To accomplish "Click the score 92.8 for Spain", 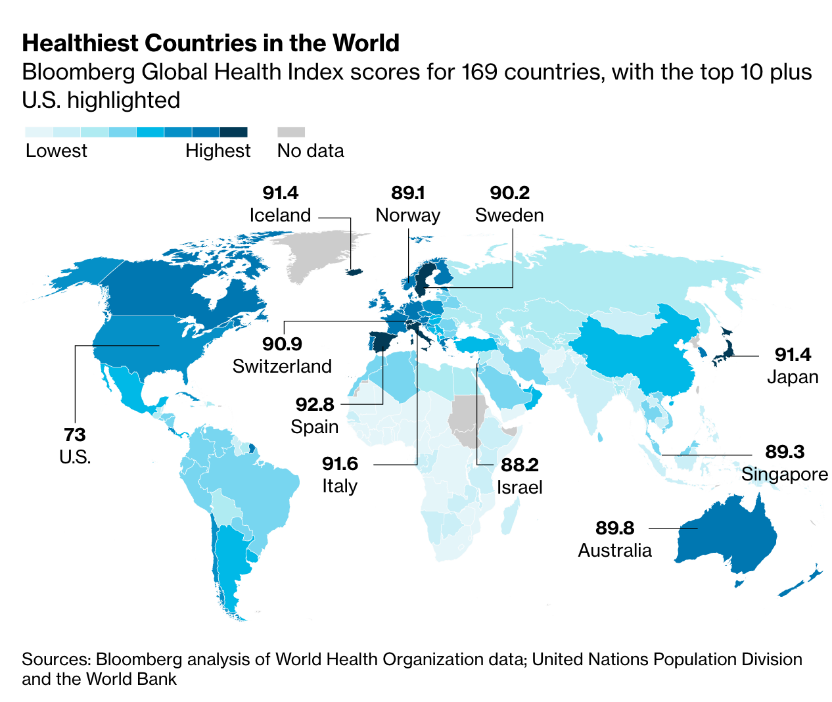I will tap(315, 404).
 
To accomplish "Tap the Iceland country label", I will tap(280, 215).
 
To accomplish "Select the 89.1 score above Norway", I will tap(407, 193).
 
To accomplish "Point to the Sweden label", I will tap(509, 215).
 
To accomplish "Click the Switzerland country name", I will tap(282, 366).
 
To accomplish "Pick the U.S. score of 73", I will tap(75, 434).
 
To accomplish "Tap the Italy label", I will tap(340, 486).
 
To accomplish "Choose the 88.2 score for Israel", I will tap(519, 465).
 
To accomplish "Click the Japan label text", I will tap(793, 377).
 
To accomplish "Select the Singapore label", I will tap(785, 474).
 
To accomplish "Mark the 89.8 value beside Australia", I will tap(615, 528).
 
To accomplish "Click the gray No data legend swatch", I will tap(291, 132).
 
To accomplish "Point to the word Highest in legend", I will tap(218, 151).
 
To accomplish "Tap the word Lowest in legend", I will tap(57, 151).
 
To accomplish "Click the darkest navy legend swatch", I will tap(233, 132).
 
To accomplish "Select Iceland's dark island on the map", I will tap(356, 271).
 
